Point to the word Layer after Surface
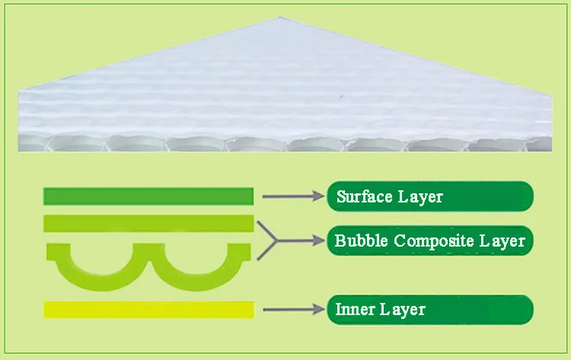(x=420, y=196)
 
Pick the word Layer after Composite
(x=502, y=241)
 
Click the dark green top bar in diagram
(x=148, y=196)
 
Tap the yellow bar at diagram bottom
(x=148, y=310)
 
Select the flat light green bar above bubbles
(x=148, y=223)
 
